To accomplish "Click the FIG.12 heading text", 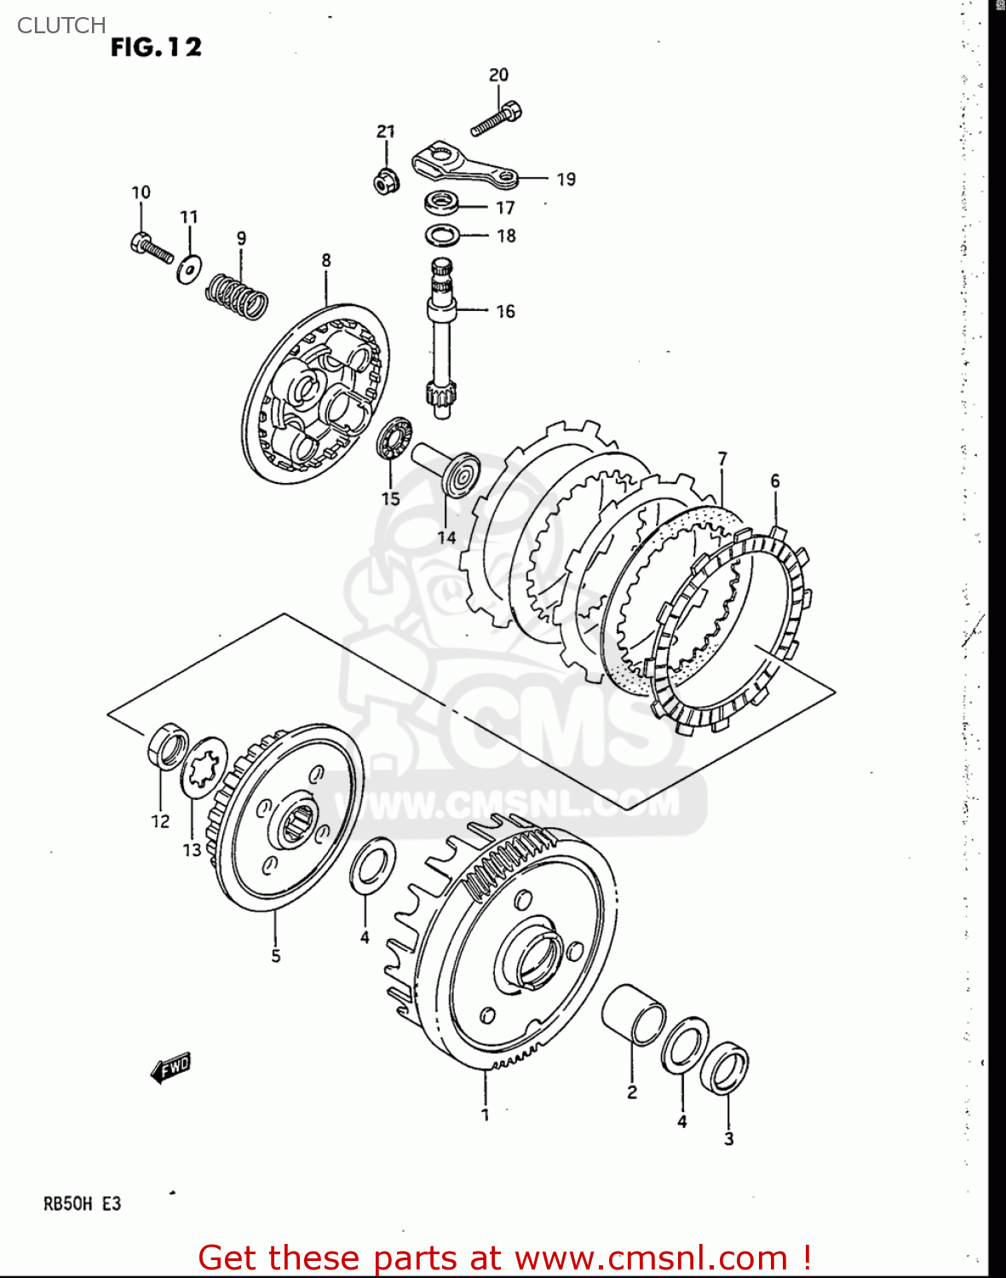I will point(156,47).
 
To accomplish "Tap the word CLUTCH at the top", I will point(61,26).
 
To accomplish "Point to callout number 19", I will point(566,179).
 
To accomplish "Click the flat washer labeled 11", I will point(189,269).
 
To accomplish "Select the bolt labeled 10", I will point(152,246).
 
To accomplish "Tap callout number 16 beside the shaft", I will point(505,312).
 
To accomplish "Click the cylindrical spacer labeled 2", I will point(634,1014).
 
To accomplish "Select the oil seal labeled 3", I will point(725,1068).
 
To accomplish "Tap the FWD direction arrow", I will point(170,1068).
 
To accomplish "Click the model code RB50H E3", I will point(83,1204).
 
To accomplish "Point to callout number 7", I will point(722,458).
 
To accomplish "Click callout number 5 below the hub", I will point(276,956).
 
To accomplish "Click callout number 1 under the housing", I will point(486,1114).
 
